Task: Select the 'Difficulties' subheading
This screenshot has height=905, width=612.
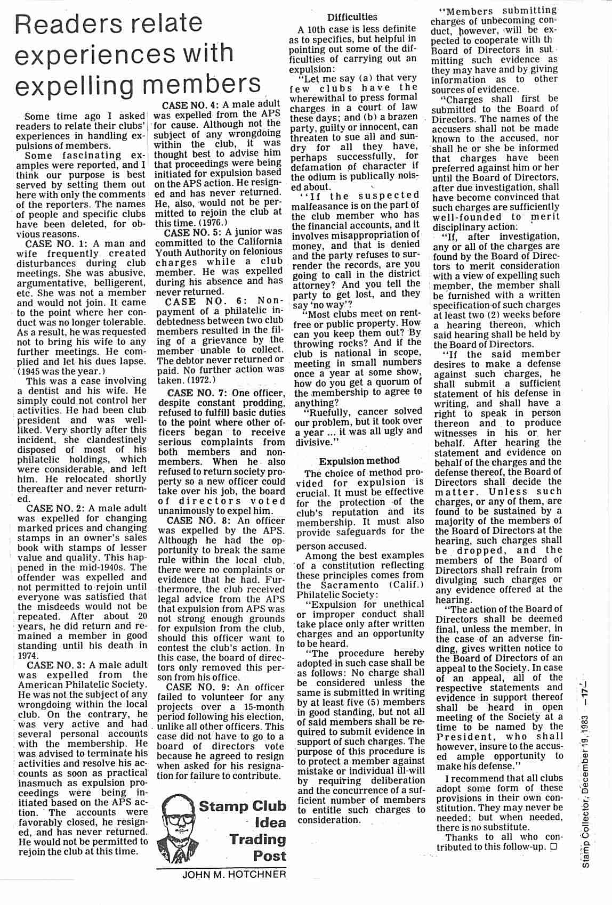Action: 352,17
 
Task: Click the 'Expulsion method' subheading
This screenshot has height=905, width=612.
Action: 359,460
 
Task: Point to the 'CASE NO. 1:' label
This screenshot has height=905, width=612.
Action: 58,243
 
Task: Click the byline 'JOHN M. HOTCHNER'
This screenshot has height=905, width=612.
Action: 234,874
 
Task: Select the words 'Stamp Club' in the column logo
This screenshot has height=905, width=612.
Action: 242,806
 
